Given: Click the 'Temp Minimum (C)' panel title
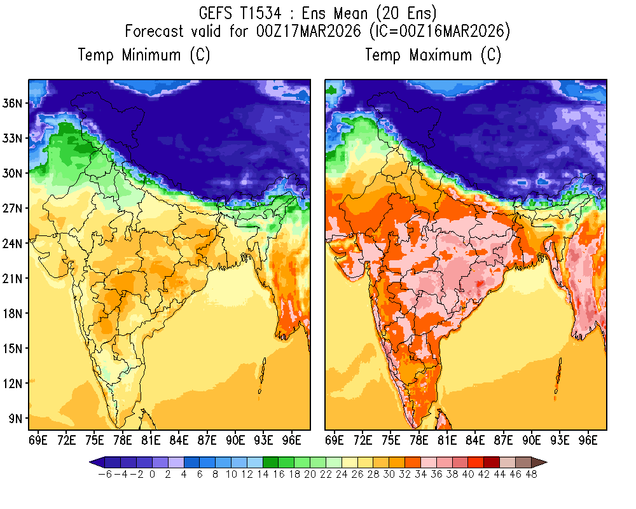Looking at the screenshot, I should coord(144,55).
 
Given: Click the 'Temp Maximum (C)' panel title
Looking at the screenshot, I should coord(433,55).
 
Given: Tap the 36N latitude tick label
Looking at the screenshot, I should coord(15,103).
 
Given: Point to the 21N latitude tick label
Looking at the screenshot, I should coord(15,278).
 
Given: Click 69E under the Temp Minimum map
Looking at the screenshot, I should coord(38,439).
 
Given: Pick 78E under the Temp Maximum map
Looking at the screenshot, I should coord(419,439).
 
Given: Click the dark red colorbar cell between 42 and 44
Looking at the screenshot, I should coord(491,463).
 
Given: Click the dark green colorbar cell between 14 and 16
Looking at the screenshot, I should coord(270,463).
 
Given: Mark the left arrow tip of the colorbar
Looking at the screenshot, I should coord(90,463).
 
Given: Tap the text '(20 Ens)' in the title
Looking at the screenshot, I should coord(406,13).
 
